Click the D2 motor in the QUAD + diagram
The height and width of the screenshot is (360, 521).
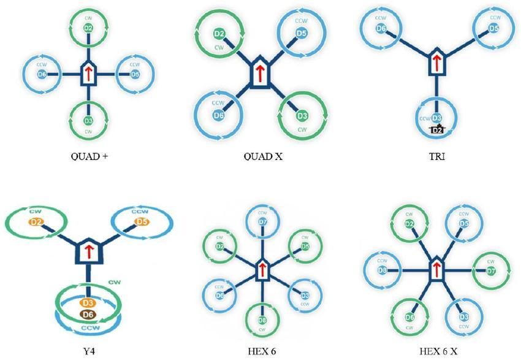click(x=88, y=28)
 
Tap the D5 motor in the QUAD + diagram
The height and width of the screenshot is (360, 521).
click(x=135, y=74)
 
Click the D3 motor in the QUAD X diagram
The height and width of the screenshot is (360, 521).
click(x=302, y=115)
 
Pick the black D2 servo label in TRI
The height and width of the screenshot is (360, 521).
click(x=437, y=129)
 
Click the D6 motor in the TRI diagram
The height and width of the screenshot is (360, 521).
click(x=381, y=28)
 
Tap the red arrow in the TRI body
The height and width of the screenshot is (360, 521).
click(x=436, y=62)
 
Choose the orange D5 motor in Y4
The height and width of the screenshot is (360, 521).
click(x=142, y=221)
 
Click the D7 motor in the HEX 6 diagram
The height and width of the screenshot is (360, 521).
click(x=262, y=221)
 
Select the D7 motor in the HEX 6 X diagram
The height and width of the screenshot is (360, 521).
click(x=490, y=270)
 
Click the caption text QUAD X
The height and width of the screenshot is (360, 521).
click(x=262, y=156)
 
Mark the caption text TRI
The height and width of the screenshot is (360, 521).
click(x=436, y=156)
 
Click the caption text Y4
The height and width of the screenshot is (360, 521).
click(x=90, y=350)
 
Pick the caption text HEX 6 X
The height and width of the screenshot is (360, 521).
click(x=438, y=350)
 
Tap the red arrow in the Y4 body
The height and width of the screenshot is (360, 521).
click(x=89, y=250)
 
